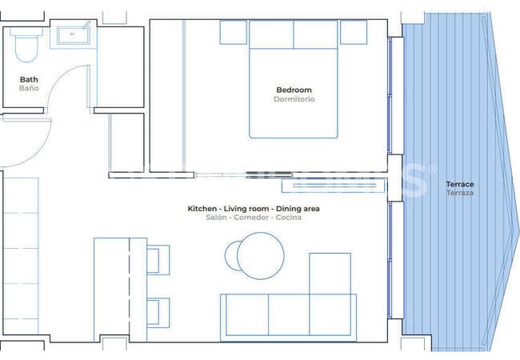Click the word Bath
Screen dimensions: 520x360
pyautogui.click(x=29, y=79)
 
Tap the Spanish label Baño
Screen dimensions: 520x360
pyautogui.click(x=29, y=88)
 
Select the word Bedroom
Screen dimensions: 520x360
pyautogui.click(x=294, y=90)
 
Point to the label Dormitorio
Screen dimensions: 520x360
pyautogui.click(x=294, y=99)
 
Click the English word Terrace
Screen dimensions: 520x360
pyautogui.click(x=460, y=184)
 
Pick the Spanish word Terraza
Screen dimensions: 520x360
pyautogui.click(x=460, y=193)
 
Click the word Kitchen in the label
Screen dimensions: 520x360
pyautogui.click(x=202, y=209)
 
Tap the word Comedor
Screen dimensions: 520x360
pyautogui.click(x=251, y=218)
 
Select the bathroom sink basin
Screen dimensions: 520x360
pyautogui.click(x=74, y=35)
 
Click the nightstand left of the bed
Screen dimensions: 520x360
pyautogui.click(x=233, y=32)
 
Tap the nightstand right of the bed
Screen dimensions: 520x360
pyautogui.click(x=354, y=32)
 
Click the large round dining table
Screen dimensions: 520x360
pyautogui.click(x=261, y=255)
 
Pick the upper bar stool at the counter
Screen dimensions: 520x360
pyautogui.click(x=158, y=260)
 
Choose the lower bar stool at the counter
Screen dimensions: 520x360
pyautogui.click(x=158, y=313)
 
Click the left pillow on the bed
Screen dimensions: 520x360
pyautogui.click(x=271, y=34)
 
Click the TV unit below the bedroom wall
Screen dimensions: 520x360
pyautogui.click(x=334, y=186)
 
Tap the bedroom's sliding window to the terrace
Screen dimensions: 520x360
pyautogui.click(x=390, y=95)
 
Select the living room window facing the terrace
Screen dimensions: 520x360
pyautogui.click(x=390, y=260)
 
